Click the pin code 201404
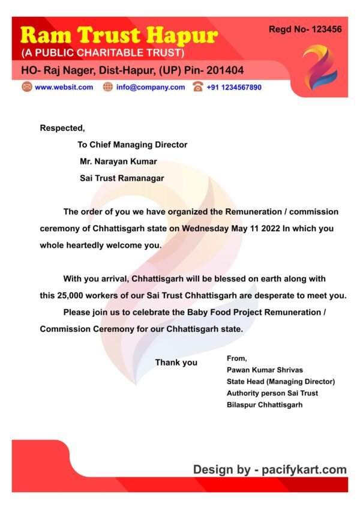[x=224, y=71]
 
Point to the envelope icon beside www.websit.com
[x=26, y=87]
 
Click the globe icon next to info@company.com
[x=108, y=87]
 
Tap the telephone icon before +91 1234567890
[x=198, y=87]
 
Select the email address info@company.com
[x=151, y=87]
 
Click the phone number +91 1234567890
[x=234, y=87]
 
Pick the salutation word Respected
[x=62, y=127]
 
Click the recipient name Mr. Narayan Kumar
[x=118, y=161]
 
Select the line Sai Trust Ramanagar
[x=122, y=178]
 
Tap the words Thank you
[x=176, y=363]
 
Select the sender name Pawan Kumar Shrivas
[x=264, y=370]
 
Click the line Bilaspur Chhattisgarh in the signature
[x=265, y=405]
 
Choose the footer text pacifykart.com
[x=304, y=469]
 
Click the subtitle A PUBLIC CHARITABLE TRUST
[x=103, y=53]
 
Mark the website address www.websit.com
[x=64, y=87]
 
